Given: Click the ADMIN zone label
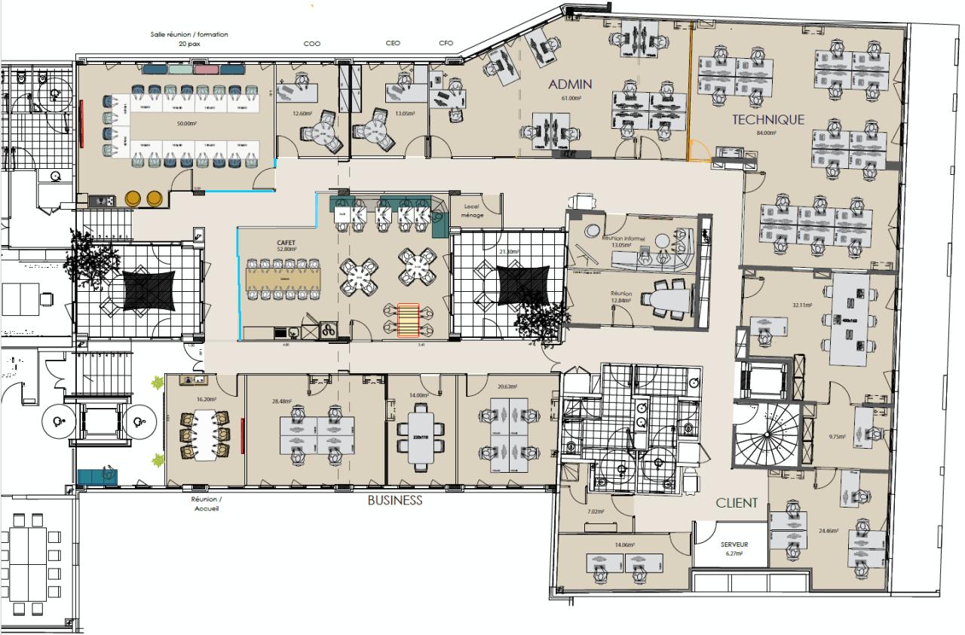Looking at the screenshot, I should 570,84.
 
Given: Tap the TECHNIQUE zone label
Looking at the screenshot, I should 767,119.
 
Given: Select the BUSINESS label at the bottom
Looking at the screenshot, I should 395,501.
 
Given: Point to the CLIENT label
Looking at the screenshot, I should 737,503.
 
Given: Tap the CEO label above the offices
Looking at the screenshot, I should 393,44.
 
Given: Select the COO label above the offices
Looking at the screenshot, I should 311,44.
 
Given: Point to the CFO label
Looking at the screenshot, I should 446,44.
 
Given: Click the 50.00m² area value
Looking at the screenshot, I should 186,123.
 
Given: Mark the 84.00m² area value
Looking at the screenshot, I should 767,133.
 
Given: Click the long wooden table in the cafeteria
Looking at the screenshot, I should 283,280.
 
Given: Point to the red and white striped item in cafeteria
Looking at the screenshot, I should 408,319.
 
